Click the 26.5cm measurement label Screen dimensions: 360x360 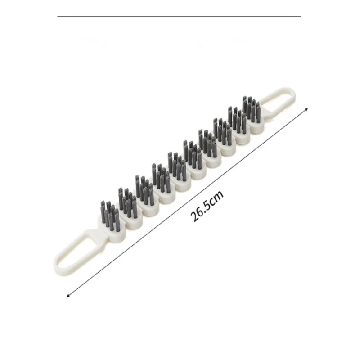pos(207,206)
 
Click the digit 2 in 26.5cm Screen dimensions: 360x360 pos(195,218)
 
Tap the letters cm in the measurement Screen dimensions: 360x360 pos(217,197)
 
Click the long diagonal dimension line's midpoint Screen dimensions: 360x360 pos(187,202)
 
